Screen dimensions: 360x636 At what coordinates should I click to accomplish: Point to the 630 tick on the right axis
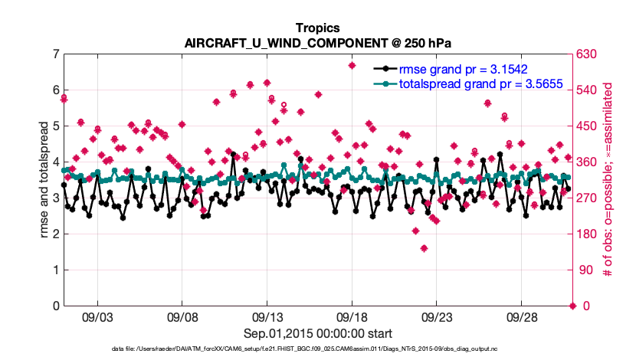coord(591,54)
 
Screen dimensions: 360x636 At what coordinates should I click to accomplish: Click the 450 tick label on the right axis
coord(591,126)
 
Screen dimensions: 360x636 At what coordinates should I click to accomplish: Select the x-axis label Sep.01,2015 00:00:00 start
coord(318,333)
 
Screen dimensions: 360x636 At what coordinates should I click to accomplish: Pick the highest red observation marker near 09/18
coord(352,65)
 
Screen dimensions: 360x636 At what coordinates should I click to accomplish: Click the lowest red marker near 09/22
coord(424,248)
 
